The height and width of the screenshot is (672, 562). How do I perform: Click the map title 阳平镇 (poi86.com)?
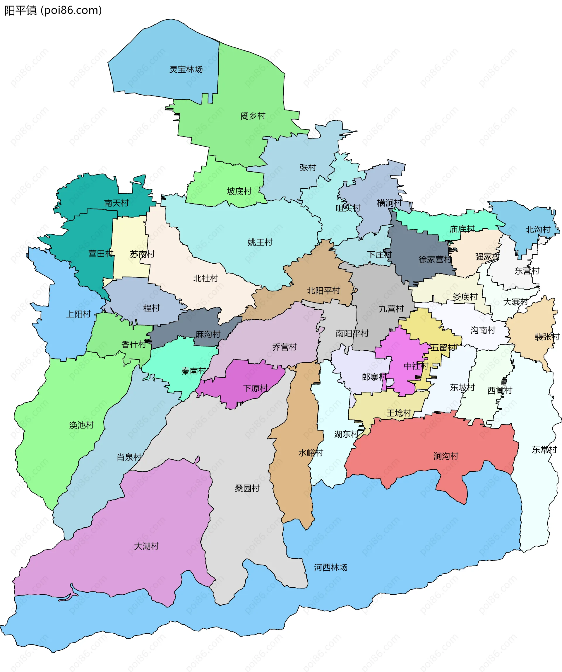point(53,11)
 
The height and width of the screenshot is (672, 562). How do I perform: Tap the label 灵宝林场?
point(186,69)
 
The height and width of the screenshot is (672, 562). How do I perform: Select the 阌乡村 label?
point(253,116)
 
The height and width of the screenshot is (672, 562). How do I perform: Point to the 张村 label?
point(308,168)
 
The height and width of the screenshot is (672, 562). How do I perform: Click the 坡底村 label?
point(239,191)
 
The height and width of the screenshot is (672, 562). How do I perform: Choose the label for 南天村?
point(116,203)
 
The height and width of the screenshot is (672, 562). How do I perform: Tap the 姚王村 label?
point(260,242)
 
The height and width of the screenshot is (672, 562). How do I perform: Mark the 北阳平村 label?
point(323,291)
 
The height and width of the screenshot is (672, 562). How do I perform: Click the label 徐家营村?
point(435,260)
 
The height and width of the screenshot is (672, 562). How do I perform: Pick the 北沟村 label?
point(538,230)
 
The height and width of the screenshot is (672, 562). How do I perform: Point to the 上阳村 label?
point(78,314)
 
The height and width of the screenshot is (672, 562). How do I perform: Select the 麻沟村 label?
point(208,335)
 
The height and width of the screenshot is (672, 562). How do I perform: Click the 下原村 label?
point(256,388)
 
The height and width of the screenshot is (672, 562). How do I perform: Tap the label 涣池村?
point(81,425)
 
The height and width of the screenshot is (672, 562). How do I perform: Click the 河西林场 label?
point(330,568)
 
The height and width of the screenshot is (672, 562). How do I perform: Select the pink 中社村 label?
point(416,366)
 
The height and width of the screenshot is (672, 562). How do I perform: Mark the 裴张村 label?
point(547,337)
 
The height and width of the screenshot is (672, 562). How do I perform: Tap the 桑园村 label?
point(247,488)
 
